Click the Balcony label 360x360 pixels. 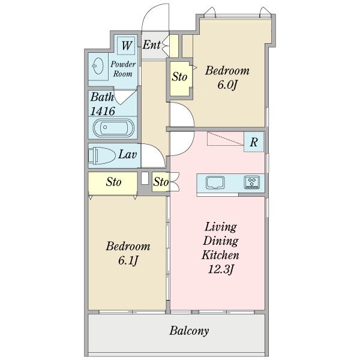pyautogui.click(x=189, y=331)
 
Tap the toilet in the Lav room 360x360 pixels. pyautogui.click(x=102, y=155)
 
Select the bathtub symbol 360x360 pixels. pyautogui.click(x=113, y=128)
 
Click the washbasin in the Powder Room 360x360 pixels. pyautogui.click(x=98, y=65)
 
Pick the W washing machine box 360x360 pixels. pyautogui.click(x=126, y=46)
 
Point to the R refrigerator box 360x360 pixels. pyautogui.click(x=254, y=142)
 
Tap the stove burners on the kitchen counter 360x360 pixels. pyautogui.click(x=252, y=182)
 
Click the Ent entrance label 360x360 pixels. pyautogui.click(x=152, y=44)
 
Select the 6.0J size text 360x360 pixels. pyautogui.click(x=227, y=85)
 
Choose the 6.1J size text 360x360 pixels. pyautogui.click(x=128, y=260)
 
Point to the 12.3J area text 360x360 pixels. pyautogui.click(x=221, y=269)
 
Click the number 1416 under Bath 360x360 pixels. pyautogui.click(x=103, y=112)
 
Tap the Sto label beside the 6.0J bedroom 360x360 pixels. pyautogui.click(x=179, y=77)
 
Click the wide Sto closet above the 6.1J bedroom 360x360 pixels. pyautogui.click(x=113, y=184)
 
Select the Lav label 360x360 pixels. pyautogui.click(x=128, y=155)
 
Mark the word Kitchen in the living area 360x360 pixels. pyautogui.click(x=220, y=255)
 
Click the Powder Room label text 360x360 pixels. pyautogui.click(x=123, y=69)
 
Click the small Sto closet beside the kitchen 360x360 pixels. pyautogui.click(x=161, y=182)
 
